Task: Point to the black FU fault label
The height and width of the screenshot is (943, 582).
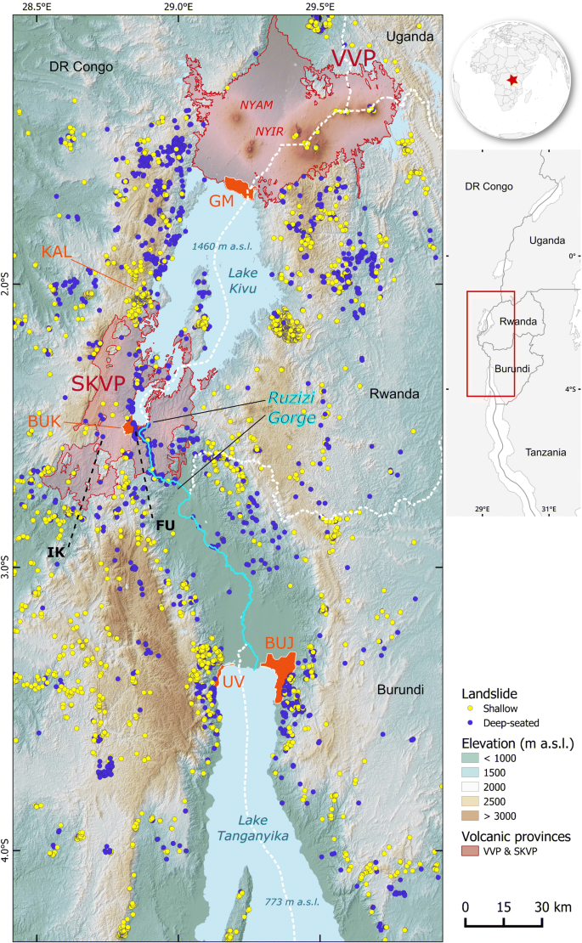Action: (x=164, y=525)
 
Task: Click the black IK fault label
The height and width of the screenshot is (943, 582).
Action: (x=56, y=552)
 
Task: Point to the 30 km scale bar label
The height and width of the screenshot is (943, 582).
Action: (x=553, y=906)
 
